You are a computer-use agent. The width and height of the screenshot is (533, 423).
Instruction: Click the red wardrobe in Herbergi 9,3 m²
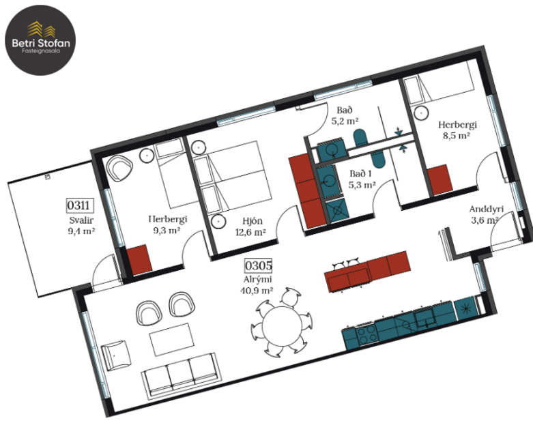[x=139, y=259]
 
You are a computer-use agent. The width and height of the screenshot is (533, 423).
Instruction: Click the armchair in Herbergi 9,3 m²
[x=121, y=169]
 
